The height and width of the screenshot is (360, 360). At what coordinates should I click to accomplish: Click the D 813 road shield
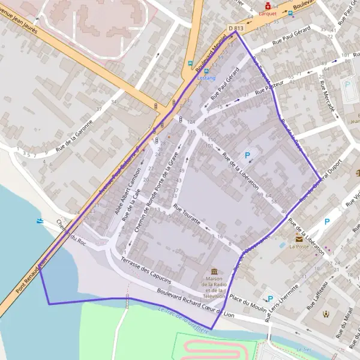tap(237, 28)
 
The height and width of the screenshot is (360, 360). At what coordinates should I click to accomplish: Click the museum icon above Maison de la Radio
tap(214, 272)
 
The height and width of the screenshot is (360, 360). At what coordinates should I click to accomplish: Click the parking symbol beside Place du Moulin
tap(271, 298)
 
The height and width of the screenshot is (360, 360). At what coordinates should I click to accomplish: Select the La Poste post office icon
tap(298, 238)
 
